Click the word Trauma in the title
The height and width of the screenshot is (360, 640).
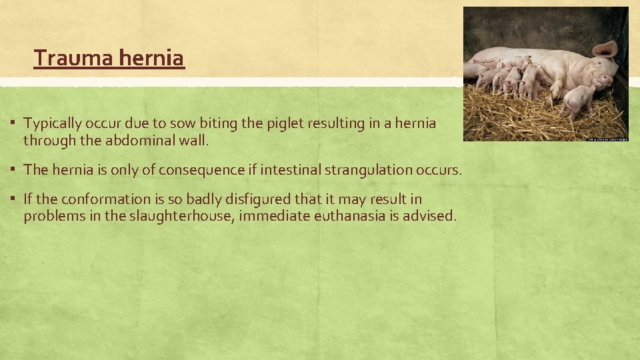coord(74,59)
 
